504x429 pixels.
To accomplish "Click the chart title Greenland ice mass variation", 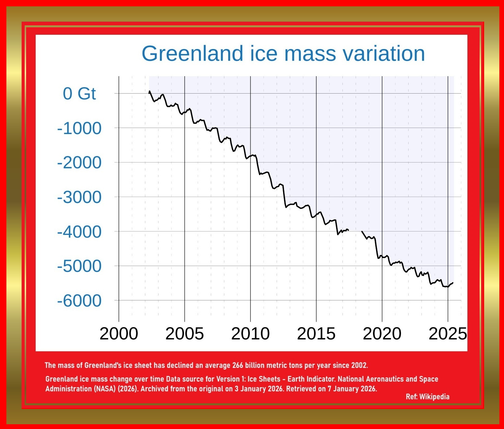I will [283, 54].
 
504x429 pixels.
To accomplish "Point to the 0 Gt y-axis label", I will [79, 94].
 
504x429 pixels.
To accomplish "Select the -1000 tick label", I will [79, 128].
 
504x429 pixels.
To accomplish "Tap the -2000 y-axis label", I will [79, 163].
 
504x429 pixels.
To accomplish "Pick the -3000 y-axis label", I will [79, 197].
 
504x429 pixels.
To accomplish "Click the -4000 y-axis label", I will [79, 232].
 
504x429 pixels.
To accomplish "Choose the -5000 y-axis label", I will [79, 266].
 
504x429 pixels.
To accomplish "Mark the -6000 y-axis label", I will [79, 301].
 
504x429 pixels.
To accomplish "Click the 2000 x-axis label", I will [119, 334].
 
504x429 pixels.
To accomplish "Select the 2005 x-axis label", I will [184, 334].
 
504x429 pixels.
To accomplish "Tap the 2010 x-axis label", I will [250, 334].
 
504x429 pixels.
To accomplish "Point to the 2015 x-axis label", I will [316, 334].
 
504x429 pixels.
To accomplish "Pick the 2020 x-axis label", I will [382, 334].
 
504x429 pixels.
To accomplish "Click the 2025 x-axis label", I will [447, 334].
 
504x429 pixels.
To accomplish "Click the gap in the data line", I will [355, 231].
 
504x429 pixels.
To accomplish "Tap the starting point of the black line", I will [149, 91].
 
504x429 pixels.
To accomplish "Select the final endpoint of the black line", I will [453, 283].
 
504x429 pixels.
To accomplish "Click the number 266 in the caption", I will [237, 365].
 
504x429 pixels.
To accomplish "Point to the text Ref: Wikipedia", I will [427, 397].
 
